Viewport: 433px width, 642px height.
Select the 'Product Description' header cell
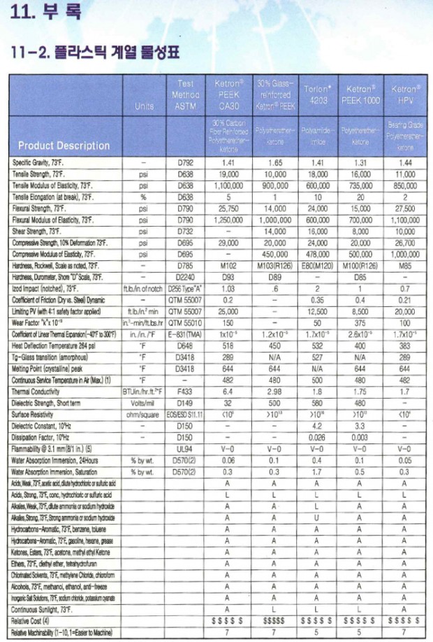pyautogui.click(x=64, y=145)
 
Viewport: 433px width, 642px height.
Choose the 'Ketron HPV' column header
pyautogui.click(x=404, y=94)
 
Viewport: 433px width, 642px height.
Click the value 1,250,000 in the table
pyautogui.click(x=227, y=220)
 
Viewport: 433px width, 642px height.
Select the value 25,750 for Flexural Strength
pyautogui.click(x=227, y=208)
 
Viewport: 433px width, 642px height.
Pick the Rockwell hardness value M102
pyautogui.click(x=227, y=267)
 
